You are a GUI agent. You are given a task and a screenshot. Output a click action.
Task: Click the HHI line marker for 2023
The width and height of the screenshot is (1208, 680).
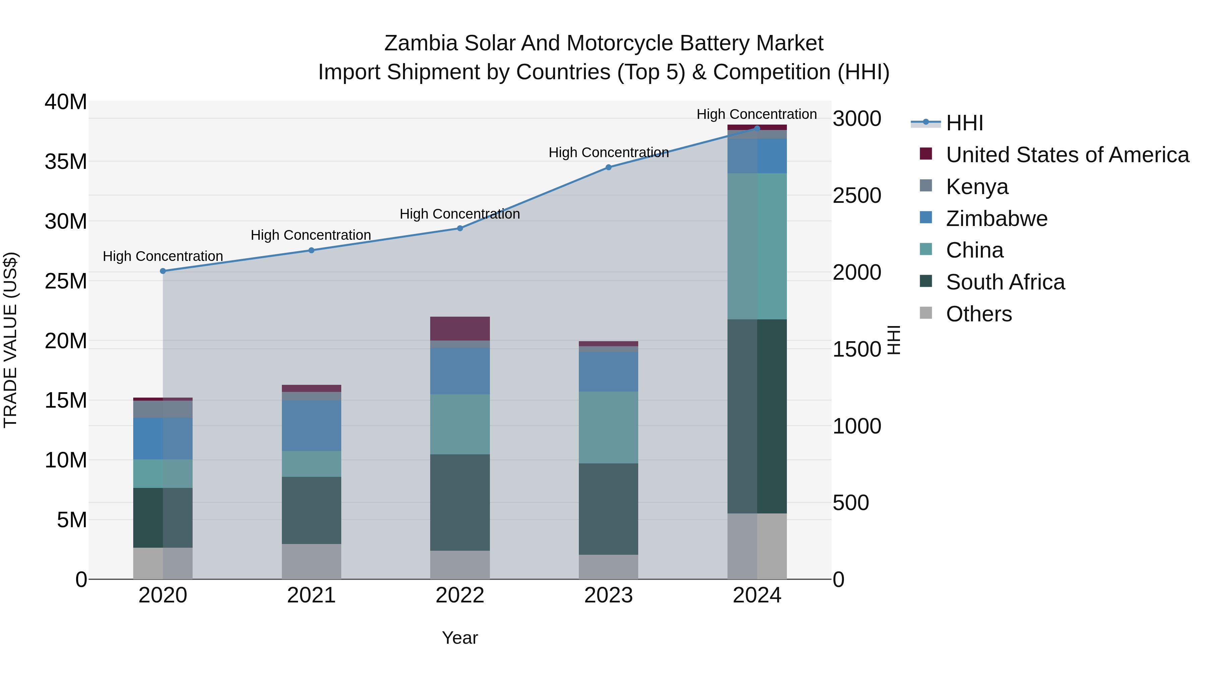coord(608,167)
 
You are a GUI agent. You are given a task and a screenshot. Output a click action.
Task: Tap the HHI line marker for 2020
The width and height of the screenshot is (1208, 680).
coord(163,271)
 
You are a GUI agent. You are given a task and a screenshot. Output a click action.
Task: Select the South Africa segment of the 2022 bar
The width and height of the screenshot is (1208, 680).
coord(460,502)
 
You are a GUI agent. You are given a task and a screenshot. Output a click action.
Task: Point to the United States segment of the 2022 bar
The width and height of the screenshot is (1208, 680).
coord(460,328)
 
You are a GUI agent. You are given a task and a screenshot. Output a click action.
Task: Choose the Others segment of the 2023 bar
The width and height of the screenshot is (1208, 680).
coord(608,566)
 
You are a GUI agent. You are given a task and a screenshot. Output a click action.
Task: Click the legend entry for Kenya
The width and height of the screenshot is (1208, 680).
coord(976,186)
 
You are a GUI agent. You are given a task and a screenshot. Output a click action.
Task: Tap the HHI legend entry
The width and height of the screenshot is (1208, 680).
coord(964,123)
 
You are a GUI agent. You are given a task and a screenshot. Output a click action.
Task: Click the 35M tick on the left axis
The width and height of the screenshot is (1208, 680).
coord(66,162)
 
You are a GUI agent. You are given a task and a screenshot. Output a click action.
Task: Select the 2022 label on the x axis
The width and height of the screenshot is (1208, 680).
coord(460,595)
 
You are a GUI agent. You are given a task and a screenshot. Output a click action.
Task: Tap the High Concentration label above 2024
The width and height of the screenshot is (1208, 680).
coord(756,114)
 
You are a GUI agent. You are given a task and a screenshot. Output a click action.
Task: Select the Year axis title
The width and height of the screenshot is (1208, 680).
coord(460,638)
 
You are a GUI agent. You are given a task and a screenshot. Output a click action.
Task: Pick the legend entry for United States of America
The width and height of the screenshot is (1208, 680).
coord(1067,155)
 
